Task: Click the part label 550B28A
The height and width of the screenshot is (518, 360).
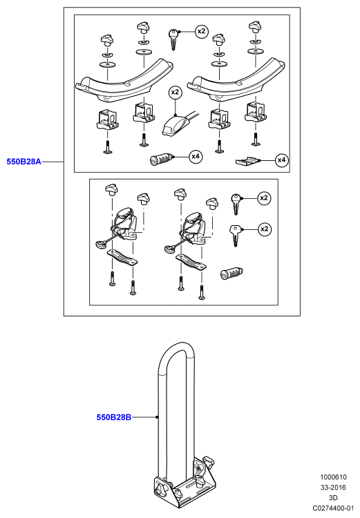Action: click(x=23, y=162)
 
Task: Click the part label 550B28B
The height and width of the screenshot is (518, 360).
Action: click(x=114, y=417)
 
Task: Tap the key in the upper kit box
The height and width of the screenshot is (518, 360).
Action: click(x=173, y=39)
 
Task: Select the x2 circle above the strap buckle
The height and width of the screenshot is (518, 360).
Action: click(x=175, y=92)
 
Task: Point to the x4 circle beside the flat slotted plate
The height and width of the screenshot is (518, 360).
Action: click(x=281, y=160)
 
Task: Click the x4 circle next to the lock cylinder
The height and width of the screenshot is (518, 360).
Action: click(x=196, y=156)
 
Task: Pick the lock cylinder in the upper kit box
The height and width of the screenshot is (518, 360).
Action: click(x=160, y=160)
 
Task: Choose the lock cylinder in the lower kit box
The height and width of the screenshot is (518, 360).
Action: click(x=231, y=274)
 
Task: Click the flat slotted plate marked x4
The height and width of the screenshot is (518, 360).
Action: click(x=247, y=161)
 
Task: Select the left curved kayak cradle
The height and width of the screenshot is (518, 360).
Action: click(x=124, y=79)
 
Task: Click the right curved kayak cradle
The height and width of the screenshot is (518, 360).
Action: click(x=236, y=79)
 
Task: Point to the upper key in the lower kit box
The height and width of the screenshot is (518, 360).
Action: click(x=236, y=204)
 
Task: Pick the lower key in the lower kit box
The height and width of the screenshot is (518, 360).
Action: click(x=236, y=236)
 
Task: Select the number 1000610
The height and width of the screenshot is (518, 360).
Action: click(x=333, y=477)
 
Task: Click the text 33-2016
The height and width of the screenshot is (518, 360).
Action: click(x=333, y=488)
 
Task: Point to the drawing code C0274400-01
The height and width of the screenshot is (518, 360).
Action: click(x=333, y=508)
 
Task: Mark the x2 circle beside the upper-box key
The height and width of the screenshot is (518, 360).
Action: click(x=201, y=31)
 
